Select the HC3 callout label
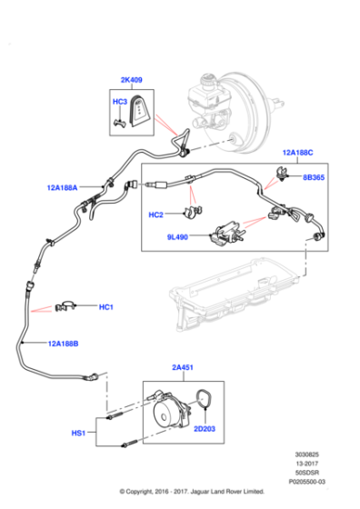click(119, 101)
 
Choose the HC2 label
click(155, 215)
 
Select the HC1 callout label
click(106, 307)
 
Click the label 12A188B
click(64, 344)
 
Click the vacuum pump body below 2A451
click(168, 413)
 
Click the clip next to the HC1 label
click(66, 306)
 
